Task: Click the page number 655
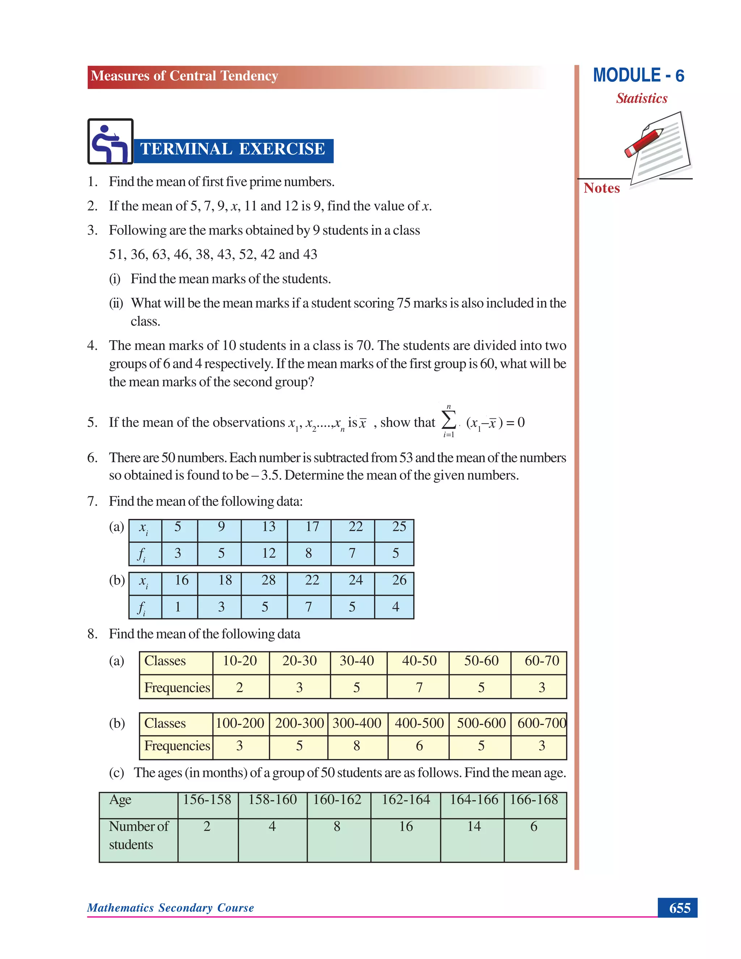[679, 908]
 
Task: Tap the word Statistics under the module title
[642, 98]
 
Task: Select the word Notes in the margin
[601, 188]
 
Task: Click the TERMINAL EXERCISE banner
[233, 149]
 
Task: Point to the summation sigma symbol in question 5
[448, 420]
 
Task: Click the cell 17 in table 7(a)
[312, 527]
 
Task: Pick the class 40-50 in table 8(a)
[419, 661]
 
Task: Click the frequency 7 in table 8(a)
[419, 688]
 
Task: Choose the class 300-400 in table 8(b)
[357, 723]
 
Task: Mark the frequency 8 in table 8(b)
[357, 745]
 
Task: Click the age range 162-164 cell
[406, 800]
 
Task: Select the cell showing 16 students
[406, 827]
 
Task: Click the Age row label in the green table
[120, 800]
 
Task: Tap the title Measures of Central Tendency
[185, 76]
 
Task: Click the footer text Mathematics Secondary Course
[170, 908]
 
